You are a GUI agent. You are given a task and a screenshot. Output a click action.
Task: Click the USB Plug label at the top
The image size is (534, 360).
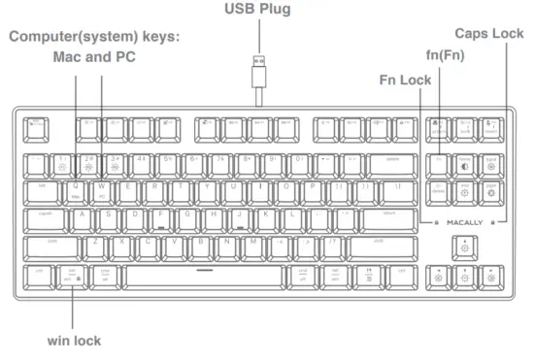point(257,11)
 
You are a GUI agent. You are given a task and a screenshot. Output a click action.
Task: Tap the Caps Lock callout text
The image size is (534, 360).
point(488,32)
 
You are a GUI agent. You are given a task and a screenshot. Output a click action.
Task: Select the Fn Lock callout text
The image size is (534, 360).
point(406,79)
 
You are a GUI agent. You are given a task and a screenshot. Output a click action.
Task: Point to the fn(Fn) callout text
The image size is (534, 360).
point(445,56)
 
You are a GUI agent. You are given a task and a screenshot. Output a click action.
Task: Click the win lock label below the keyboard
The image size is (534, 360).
point(74,341)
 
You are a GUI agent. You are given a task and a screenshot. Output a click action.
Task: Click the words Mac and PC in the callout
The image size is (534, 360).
point(93,57)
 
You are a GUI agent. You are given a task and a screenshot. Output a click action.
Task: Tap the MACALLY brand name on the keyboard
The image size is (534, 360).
point(464,221)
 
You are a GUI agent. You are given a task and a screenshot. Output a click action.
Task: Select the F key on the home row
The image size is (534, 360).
point(160,216)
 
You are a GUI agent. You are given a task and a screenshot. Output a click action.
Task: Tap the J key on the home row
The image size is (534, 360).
point(238,216)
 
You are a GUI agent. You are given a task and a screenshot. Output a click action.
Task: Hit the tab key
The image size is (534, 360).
point(42,187)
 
